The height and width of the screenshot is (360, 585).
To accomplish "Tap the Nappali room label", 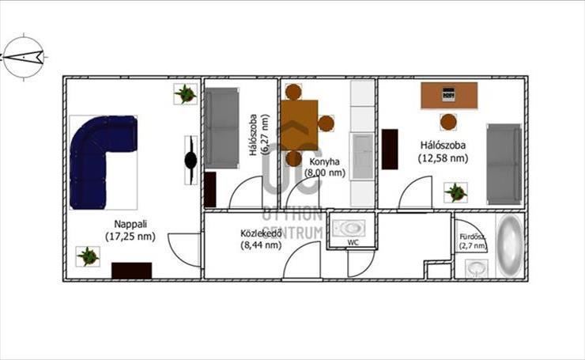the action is pos(130,224).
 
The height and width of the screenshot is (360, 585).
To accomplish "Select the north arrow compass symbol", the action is pos(23,57).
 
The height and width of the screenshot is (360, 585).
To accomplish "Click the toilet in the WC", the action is pos(349,228).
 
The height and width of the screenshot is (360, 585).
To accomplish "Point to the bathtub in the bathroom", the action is pos(510,245).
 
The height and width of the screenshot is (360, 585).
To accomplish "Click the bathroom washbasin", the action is pos(476,268).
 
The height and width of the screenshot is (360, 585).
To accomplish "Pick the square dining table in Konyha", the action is pos(299,125).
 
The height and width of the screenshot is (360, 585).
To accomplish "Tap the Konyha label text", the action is pos(325,161).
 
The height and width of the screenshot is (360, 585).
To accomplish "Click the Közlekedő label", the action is pos(260,233).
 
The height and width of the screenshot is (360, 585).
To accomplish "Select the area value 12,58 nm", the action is pos(443,158).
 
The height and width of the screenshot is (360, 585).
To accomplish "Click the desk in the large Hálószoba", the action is pos(449,95).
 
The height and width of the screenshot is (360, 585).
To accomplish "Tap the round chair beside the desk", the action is pos(448,122).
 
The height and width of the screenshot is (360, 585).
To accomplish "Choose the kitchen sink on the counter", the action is pos(362,155).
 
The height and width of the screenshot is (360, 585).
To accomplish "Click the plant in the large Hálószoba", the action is pos(455,193).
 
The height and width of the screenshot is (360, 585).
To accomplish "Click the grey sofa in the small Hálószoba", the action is pos(221,128).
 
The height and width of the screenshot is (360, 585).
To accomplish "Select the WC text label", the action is pos(353,242).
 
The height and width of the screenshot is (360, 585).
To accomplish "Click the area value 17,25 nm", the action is pos(130,236).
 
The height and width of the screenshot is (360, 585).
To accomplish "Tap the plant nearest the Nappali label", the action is pos(88,256).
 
